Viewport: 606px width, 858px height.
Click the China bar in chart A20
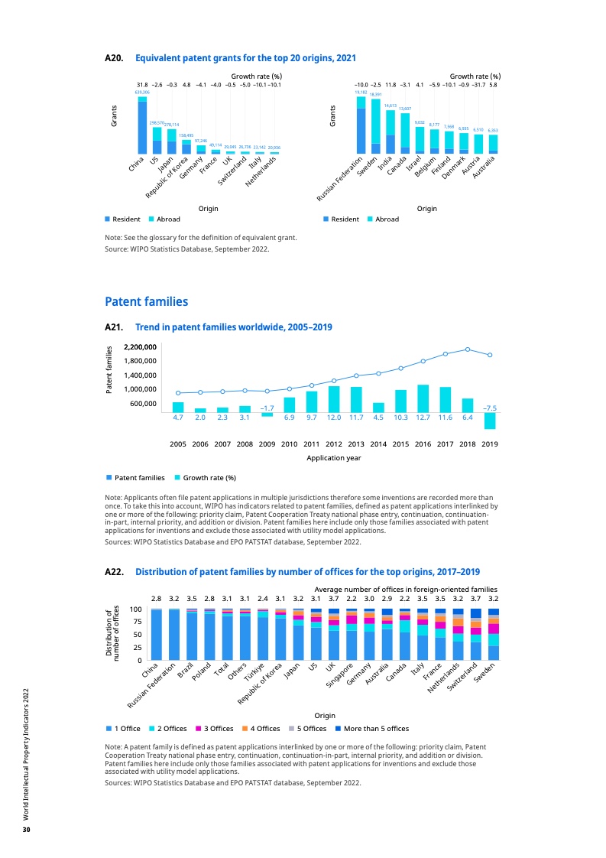[x=142, y=126]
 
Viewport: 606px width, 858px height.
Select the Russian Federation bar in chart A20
[x=361, y=126]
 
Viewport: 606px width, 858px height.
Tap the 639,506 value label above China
[x=142, y=92]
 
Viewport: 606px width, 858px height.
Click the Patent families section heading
[x=146, y=302]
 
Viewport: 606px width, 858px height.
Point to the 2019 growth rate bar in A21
[x=490, y=421]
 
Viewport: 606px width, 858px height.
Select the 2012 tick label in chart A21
[x=333, y=443]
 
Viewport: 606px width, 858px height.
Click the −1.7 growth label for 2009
[x=267, y=408]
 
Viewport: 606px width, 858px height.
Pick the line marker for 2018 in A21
[x=468, y=349]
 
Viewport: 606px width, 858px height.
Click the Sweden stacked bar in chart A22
[x=494, y=635]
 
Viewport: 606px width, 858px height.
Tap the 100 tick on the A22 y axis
[x=136, y=609]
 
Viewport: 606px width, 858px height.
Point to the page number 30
[x=25, y=830]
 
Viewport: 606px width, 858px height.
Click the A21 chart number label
[x=114, y=327]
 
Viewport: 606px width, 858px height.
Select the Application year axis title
[x=333, y=458]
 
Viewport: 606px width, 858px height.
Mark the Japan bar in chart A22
[x=298, y=635]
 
